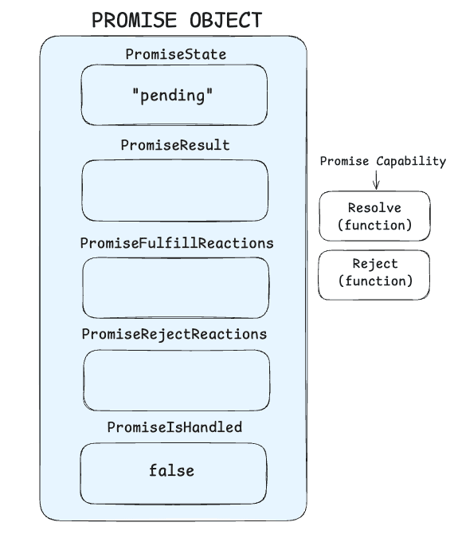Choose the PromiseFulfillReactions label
click(x=174, y=242)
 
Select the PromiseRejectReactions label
click(x=174, y=333)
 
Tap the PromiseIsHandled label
click(x=174, y=428)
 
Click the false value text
click(x=171, y=470)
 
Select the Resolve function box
click(x=374, y=216)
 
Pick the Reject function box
click(x=374, y=273)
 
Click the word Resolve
click(x=374, y=208)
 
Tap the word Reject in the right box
click(x=374, y=265)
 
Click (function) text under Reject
click(x=374, y=281)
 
